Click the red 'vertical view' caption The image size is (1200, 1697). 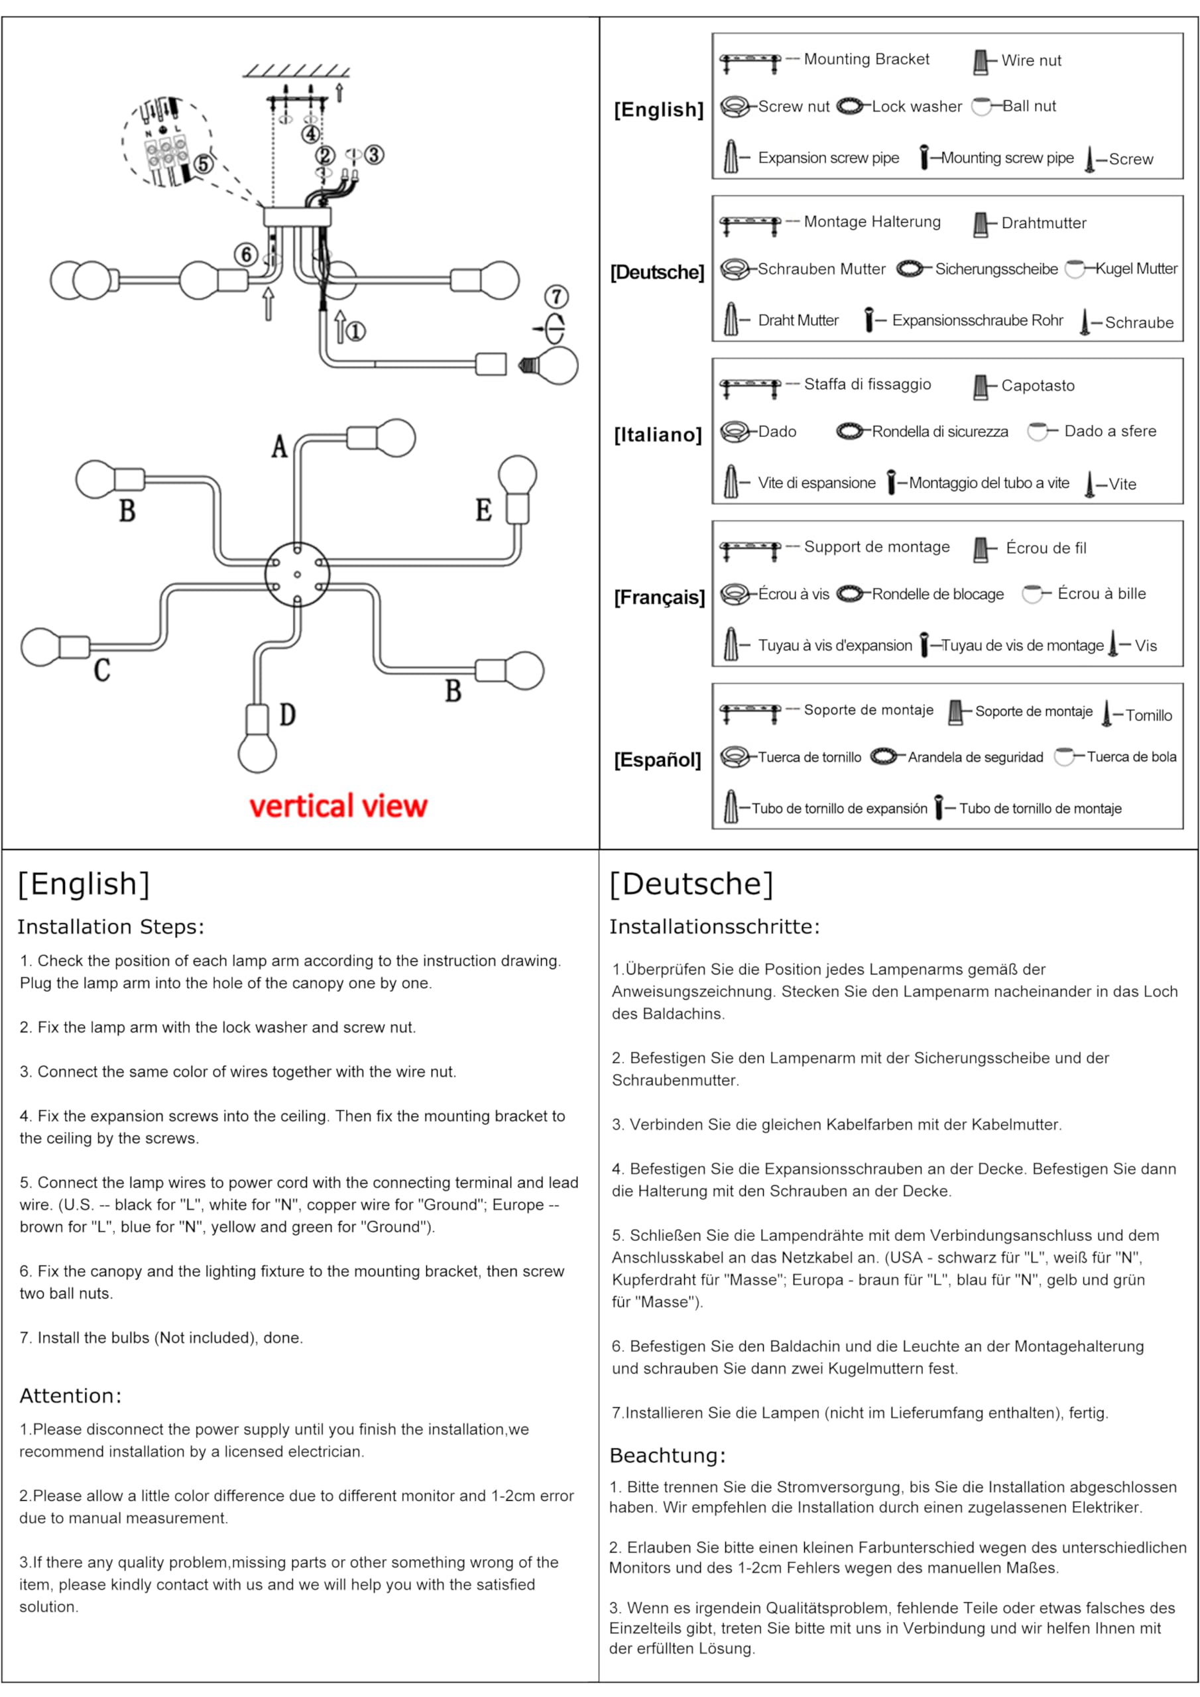[338, 805]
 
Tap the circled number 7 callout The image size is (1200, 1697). [556, 297]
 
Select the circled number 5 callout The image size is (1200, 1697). [204, 163]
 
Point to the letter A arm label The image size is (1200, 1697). [278, 446]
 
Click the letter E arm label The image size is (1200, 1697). [483, 510]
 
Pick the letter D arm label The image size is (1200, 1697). [288, 715]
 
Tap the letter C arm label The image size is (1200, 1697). [102, 670]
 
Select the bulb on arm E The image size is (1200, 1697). [517, 475]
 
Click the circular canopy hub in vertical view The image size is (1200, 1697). [297, 574]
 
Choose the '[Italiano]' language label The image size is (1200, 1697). [657, 435]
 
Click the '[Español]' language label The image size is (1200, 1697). [657, 760]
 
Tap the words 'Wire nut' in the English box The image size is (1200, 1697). [1031, 60]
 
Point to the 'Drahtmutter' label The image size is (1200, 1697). [1044, 223]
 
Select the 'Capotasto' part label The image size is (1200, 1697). [1038, 386]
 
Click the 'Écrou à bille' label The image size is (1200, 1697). [1101, 593]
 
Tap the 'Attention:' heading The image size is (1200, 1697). [70, 1395]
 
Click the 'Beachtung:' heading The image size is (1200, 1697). [667, 1455]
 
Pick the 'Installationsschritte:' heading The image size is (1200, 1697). [714, 927]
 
